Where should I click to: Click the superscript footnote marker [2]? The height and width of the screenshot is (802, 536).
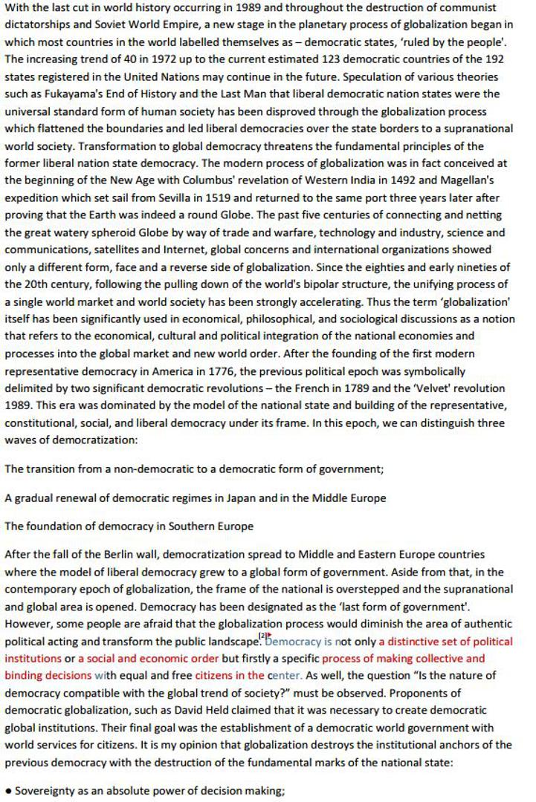(x=262, y=636)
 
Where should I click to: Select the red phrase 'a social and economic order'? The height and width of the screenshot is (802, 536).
(x=148, y=659)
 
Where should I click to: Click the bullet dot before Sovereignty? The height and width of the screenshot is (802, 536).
(x=8, y=792)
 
